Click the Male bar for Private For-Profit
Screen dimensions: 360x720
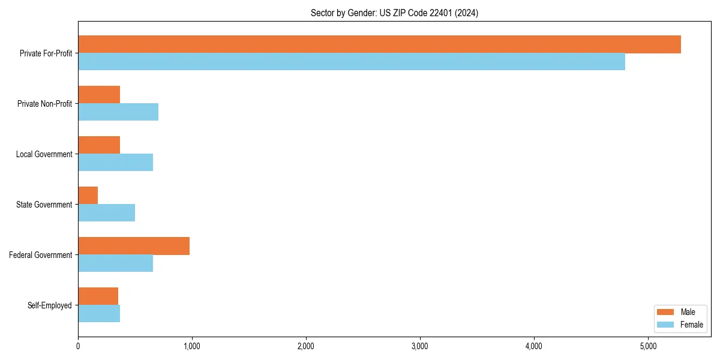(379, 44)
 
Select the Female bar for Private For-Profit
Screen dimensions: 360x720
(352, 62)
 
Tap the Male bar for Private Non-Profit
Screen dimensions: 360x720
(99, 95)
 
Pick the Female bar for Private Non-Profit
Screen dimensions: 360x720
(118, 112)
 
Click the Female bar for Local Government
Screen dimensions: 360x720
(115, 163)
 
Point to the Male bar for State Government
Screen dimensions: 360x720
(88, 196)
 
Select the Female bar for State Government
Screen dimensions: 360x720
(106, 213)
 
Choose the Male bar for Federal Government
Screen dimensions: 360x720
(134, 246)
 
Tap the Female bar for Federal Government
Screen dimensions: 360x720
(115, 263)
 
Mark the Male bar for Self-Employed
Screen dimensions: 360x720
(98, 296)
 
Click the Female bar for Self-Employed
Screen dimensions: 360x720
(99, 314)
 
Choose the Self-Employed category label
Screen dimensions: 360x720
(50, 305)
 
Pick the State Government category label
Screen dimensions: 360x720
(44, 205)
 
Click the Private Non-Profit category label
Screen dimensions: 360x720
(44, 104)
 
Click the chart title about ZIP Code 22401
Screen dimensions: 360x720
(394, 13)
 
